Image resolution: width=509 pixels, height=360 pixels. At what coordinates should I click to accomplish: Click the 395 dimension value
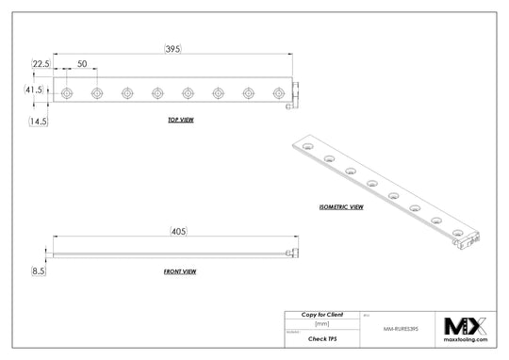172,49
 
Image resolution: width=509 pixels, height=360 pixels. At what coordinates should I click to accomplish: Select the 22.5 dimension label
41,64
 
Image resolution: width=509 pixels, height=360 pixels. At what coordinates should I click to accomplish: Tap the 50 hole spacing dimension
82,64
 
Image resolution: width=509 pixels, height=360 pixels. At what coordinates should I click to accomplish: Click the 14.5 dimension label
39,122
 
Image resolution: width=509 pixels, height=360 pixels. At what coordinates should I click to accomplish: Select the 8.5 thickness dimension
39,270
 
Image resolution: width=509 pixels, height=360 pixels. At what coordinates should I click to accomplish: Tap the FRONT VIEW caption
179,270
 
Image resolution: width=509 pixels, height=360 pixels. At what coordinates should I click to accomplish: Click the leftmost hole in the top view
66,93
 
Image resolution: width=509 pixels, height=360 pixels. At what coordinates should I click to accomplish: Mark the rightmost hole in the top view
277,93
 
